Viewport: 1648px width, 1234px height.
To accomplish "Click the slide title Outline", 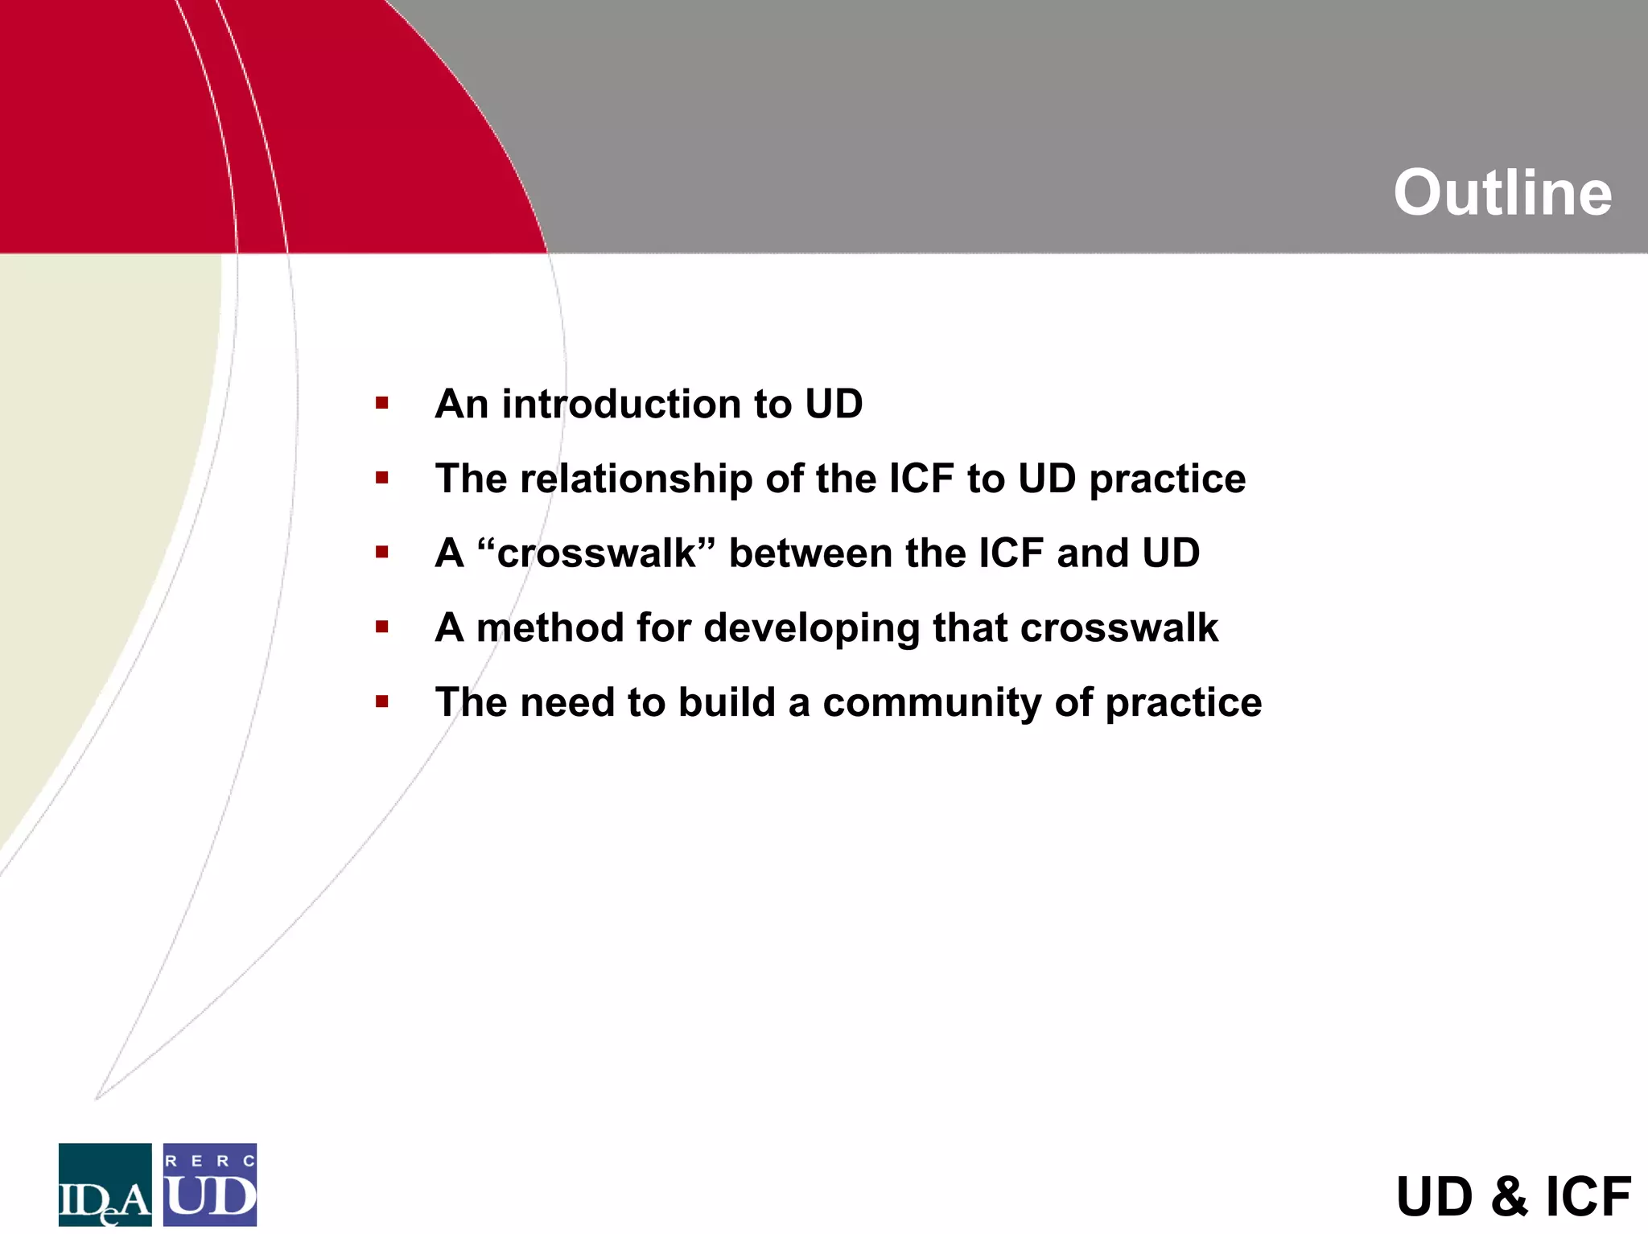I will coord(1502,193).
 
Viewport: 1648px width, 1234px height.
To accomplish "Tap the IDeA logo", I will coord(105,1184).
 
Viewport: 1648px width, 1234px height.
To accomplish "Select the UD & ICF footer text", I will coord(1513,1196).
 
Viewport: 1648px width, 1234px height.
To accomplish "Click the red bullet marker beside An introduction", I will coord(382,402).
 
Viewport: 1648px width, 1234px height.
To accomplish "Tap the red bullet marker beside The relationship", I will coord(382,478).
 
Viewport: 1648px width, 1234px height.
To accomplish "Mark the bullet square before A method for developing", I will coord(382,627).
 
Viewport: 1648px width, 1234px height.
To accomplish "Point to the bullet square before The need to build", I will coord(382,701).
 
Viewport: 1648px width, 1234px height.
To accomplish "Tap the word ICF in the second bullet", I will coord(921,479).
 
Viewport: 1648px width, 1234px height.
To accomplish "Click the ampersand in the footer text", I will coord(1509,1196).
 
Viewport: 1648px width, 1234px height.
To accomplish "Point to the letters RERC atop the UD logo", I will coord(210,1161).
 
